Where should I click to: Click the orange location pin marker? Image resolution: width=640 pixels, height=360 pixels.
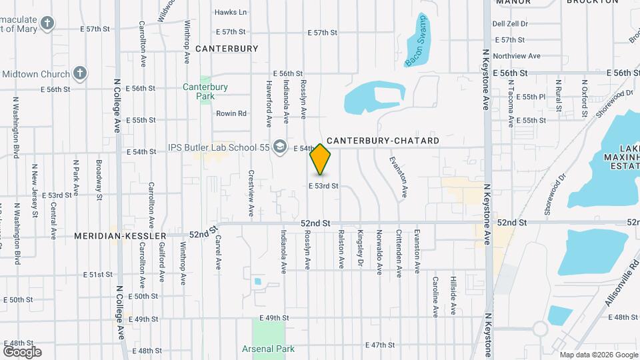[321, 159]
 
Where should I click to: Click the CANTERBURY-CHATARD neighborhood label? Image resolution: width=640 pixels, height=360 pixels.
[383, 141]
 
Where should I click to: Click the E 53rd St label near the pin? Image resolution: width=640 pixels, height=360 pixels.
[323, 186]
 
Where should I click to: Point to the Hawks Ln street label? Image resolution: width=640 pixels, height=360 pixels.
[231, 12]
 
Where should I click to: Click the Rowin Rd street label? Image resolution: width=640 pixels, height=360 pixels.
[231, 113]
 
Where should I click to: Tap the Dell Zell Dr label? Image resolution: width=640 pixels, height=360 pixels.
[510, 23]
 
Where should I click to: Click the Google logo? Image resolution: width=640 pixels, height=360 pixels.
[22, 351]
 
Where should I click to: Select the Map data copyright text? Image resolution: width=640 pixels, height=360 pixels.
[597, 355]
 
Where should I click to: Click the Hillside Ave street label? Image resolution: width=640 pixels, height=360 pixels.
[453, 295]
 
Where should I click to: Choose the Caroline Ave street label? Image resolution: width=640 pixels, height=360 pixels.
[435, 295]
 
